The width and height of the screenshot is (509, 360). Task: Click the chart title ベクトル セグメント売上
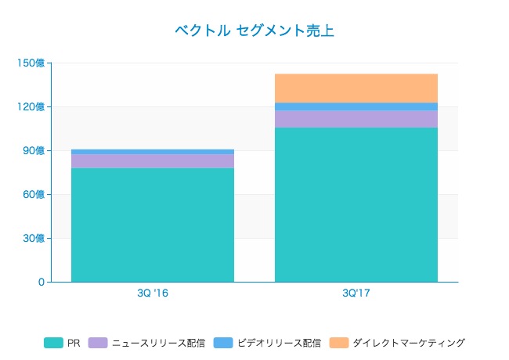(254, 31)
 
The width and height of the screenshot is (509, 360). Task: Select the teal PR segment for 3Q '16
(153, 225)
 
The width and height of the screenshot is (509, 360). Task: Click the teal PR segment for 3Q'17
(356, 204)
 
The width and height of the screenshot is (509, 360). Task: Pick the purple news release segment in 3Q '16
(153, 161)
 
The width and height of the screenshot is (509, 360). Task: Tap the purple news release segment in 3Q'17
(356, 119)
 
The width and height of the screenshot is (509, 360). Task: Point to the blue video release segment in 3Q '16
(153, 152)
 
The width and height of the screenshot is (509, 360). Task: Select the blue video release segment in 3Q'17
(356, 106)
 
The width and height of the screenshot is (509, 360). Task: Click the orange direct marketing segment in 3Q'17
(356, 88)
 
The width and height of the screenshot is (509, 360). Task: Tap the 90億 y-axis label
(34, 150)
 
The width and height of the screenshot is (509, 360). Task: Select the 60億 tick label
(34, 194)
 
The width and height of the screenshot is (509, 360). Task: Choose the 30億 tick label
(34, 238)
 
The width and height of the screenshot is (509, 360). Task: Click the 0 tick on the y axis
(41, 282)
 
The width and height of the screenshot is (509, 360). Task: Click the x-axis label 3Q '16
(153, 293)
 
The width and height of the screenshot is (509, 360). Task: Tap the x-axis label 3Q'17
(356, 293)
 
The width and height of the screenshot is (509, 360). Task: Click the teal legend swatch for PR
(53, 343)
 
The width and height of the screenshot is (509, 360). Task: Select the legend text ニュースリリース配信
(158, 343)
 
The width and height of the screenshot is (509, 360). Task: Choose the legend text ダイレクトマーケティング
(409, 343)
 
